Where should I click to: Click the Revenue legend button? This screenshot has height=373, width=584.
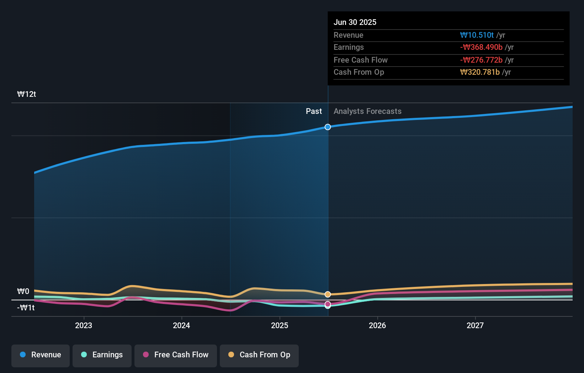pos(41,355)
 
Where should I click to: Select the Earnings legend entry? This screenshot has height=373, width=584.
pos(102,355)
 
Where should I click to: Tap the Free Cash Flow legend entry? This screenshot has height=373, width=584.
pos(176,355)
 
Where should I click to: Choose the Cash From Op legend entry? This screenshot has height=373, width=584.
pos(259,355)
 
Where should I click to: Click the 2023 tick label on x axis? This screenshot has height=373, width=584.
pos(84,325)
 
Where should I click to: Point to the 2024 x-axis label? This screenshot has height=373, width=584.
pos(181,325)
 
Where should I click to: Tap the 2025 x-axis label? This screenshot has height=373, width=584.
pos(280,325)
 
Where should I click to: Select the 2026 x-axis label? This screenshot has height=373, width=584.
pos(377,325)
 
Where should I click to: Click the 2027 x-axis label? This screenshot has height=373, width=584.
pos(475,325)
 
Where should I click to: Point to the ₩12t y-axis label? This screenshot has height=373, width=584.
pos(27,94)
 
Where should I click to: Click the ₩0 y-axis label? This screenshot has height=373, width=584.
pos(23,291)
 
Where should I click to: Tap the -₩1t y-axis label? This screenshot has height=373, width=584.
pos(26,308)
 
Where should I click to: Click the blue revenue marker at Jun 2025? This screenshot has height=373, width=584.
pos(328,127)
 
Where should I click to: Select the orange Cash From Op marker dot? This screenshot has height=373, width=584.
pos(328,294)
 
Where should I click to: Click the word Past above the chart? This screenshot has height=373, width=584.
pos(314,111)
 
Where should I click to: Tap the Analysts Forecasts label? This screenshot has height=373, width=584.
pos(367,111)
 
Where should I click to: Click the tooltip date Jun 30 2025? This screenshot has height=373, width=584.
pos(355,22)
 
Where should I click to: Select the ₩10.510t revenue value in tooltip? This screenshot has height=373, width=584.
pos(477,35)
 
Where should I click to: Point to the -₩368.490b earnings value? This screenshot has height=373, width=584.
pos(481,47)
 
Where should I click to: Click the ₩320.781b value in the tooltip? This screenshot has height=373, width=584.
pos(480,72)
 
